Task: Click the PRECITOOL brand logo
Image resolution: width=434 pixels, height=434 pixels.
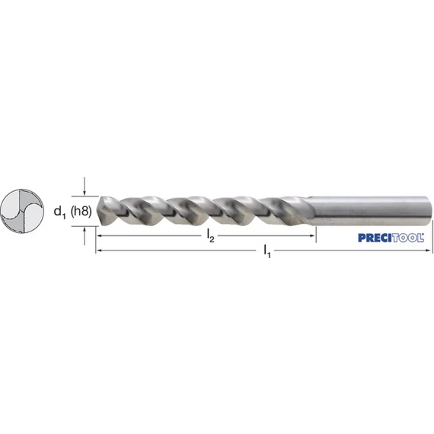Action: coord(391,238)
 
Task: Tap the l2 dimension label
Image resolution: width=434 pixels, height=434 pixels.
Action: coord(211,237)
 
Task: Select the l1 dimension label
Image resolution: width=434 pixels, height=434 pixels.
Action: coord(267,251)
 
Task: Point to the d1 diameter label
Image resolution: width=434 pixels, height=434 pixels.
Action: coord(60,212)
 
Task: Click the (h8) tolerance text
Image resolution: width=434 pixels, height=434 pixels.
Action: coord(81,212)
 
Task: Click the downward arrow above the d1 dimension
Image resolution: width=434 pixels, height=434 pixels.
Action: coord(85,186)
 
